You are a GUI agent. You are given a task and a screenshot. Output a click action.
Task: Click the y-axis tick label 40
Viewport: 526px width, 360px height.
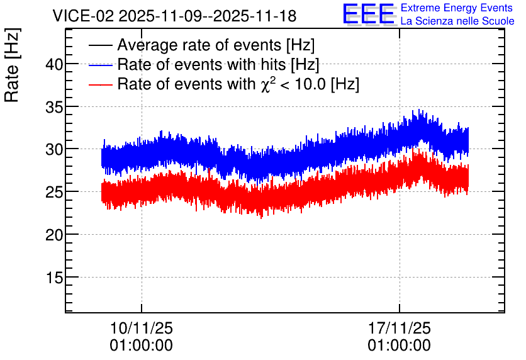[54, 64]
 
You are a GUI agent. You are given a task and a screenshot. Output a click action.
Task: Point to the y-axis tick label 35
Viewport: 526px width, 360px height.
[54, 107]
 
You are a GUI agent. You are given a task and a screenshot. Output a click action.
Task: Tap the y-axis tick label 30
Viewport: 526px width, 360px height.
[54, 149]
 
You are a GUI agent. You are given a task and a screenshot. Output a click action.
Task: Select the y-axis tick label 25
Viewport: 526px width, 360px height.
[54, 192]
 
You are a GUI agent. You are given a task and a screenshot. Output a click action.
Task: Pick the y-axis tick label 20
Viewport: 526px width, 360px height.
[54, 235]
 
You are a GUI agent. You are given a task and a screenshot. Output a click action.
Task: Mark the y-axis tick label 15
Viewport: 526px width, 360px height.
[54, 278]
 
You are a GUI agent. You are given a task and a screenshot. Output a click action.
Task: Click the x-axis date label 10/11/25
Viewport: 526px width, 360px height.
[141, 328]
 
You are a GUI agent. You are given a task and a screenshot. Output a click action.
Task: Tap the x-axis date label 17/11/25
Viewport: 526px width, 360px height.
[399, 328]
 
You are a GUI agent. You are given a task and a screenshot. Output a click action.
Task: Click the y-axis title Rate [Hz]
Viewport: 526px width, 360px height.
[12, 65]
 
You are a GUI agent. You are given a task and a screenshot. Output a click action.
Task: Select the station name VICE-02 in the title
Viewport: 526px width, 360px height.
[84, 16]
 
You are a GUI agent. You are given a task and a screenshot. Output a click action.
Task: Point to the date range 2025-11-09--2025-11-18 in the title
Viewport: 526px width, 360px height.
[208, 16]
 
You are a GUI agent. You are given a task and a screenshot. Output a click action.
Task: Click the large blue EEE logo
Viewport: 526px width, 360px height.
[368, 14]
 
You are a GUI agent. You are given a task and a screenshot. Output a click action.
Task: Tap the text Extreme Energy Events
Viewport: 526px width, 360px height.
[457, 8]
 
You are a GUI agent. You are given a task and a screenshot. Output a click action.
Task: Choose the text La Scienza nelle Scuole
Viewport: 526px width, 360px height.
[457, 21]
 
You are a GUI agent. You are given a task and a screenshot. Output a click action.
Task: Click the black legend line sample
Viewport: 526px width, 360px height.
[101, 45]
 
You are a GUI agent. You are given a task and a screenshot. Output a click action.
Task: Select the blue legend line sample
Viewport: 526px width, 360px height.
[101, 65]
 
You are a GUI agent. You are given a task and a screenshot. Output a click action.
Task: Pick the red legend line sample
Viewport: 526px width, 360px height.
[101, 84]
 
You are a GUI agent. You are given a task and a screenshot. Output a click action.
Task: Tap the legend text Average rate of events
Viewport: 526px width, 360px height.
[199, 45]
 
